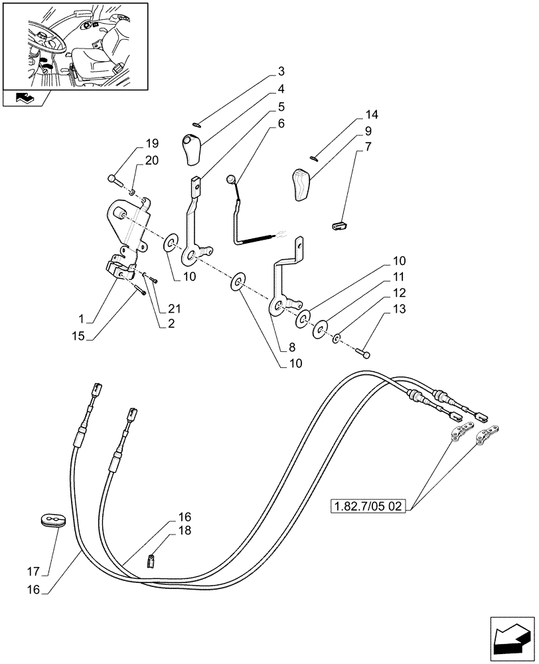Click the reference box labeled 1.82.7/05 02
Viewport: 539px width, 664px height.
tap(370, 507)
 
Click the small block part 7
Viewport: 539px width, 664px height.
tap(339, 226)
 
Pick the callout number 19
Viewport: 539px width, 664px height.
tap(153, 143)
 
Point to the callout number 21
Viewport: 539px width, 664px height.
tap(174, 309)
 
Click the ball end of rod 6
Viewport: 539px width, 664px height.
tap(230, 178)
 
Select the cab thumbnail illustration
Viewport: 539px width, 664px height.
tap(74, 46)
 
